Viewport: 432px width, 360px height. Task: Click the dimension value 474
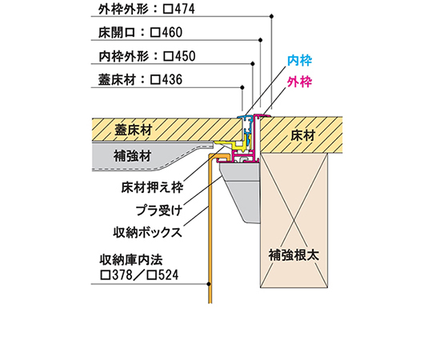[184, 9]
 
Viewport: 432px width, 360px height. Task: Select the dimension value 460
[172, 33]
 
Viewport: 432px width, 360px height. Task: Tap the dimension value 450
[185, 56]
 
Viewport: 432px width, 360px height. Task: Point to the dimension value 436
[172, 80]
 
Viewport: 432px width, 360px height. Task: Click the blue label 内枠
[299, 61]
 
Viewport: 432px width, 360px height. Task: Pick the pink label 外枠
[299, 82]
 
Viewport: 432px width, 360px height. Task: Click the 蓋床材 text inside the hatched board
[134, 130]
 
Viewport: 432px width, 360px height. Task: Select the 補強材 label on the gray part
[133, 156]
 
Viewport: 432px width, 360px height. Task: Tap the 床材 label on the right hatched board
[302, 135]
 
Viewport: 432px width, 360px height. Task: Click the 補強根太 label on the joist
[294, 254]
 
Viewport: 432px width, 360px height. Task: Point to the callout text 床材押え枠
[152, 188]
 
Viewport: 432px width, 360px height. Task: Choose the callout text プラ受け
[159, 210]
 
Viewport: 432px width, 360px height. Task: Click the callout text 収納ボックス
[148, 232]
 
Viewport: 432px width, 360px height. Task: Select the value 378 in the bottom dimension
[122, 275]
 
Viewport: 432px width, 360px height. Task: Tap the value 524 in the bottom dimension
[168, 275]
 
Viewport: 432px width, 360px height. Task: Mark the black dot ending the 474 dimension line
[272, 17]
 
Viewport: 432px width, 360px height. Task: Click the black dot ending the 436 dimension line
[242, 87]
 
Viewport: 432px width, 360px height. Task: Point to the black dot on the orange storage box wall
[209, 284]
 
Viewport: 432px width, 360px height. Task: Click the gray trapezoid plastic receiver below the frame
[240, 190]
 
